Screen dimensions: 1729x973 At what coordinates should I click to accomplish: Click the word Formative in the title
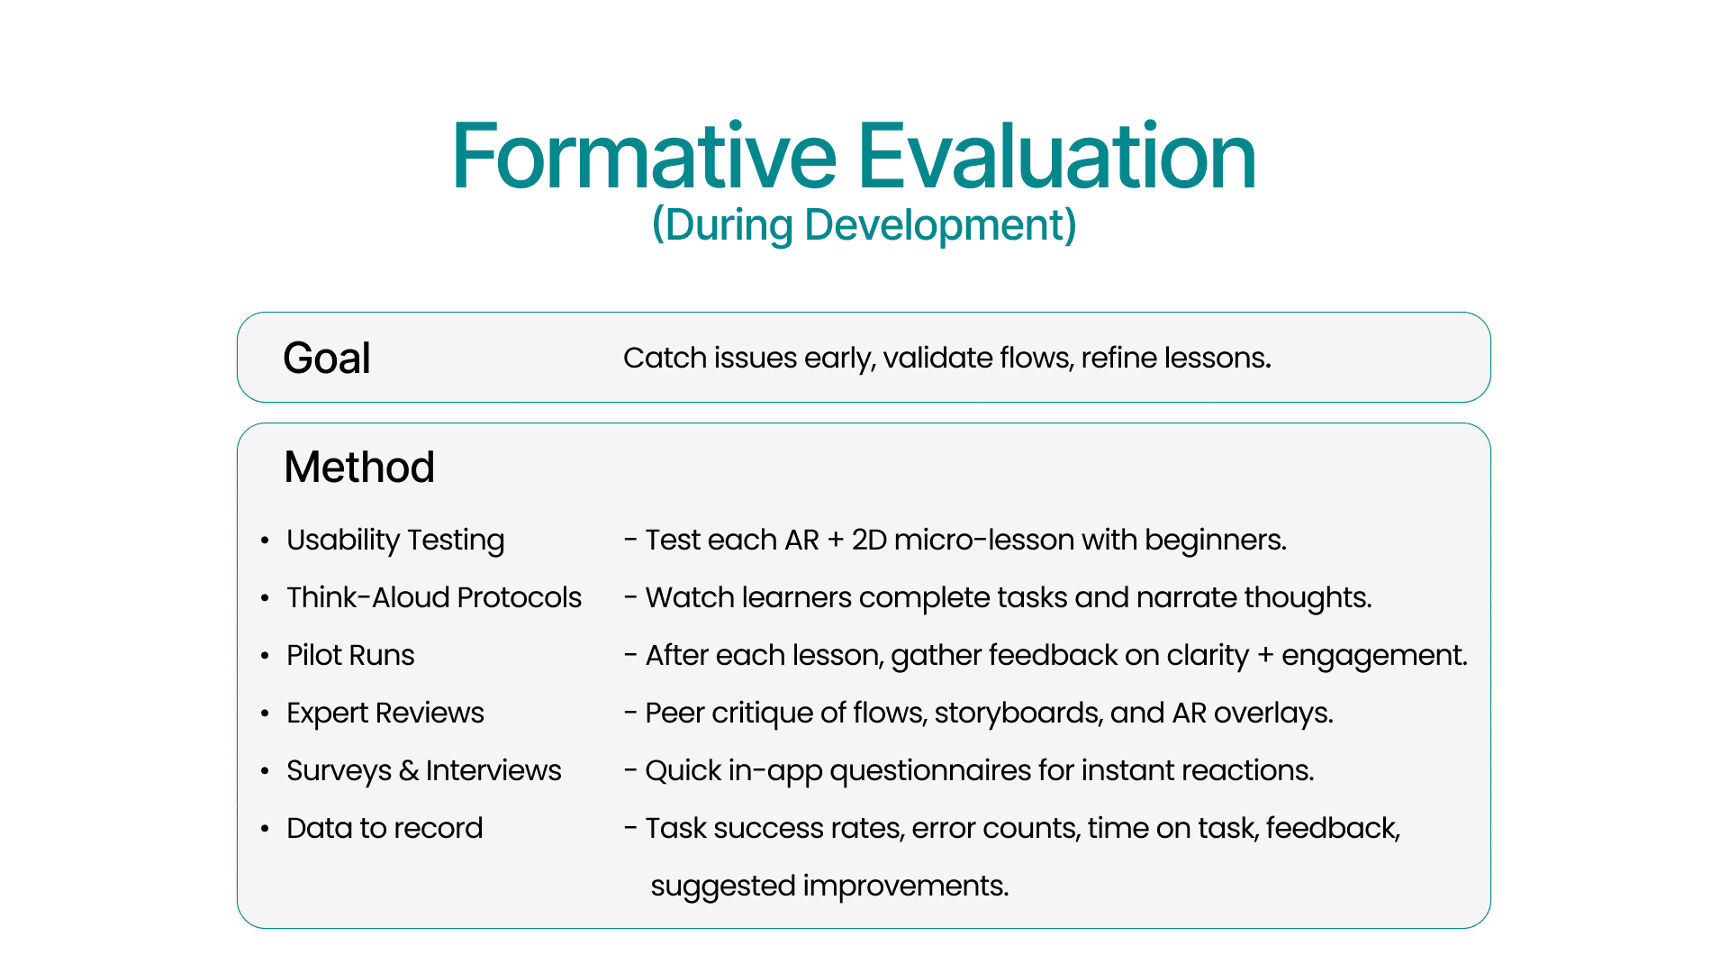pyautogui.click(x=645, y=157)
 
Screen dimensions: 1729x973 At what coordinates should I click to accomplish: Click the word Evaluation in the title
pyautogui.click(x=1057, y=157)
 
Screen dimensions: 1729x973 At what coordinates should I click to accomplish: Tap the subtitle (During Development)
pyautogui.click(x=864, y=225)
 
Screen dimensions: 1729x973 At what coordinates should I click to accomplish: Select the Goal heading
pyautogui.click(x=327, y=358)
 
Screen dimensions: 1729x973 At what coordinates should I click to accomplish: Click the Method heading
pyautogui.click(x=359, y=467)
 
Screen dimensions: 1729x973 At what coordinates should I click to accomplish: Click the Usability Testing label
pyautogui.click(x=395, y=540)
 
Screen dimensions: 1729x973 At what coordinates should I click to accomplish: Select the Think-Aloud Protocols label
pyautogui.click(x=434, y=597)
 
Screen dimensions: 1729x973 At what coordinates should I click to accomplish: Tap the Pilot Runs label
pyautogui.click(x=350, y=655)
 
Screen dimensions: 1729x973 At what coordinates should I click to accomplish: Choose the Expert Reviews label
pyautogui.click(x=385, y=713)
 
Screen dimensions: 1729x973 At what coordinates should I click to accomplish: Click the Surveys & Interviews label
pyautogui.click(x=424, y=770)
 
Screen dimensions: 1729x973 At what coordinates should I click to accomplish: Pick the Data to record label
pyautogui.click(x=385, y=828)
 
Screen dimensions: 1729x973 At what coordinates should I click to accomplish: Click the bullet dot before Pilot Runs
pyautogui.click(x=265, y=656)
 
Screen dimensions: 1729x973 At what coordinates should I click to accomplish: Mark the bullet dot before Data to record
pyautogui.click(x=265, y=829)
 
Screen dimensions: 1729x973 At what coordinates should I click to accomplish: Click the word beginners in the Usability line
pyautogui.click(x=1216, y=540)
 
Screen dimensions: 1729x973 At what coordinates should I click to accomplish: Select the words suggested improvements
pyautogui.click(x=829, y=886)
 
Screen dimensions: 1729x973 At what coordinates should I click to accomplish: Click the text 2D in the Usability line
pyautogui.click(x=869, y=540)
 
